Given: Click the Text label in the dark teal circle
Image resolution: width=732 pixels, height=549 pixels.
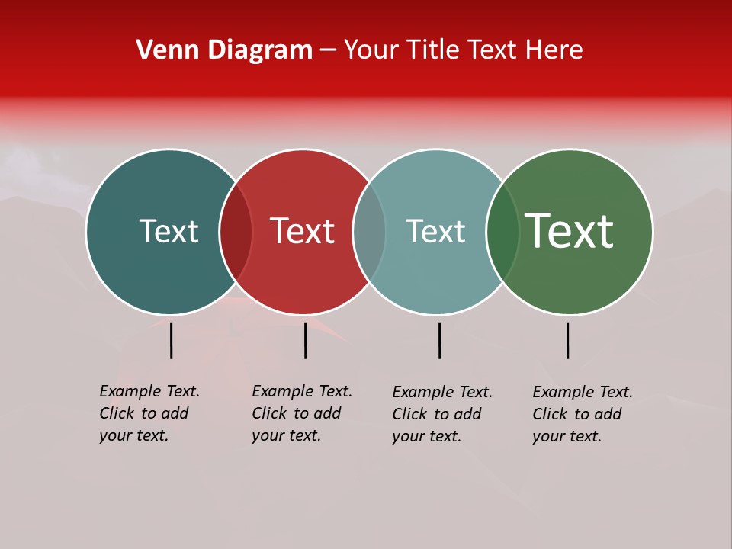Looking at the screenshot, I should [x=169, y=231].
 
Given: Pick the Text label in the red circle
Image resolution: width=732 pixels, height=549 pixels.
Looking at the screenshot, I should [x=303, y=231].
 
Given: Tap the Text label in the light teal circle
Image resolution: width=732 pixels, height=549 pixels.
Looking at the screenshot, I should [x=435, y=231].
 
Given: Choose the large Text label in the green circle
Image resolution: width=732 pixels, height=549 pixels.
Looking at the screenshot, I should [x=570, y=231].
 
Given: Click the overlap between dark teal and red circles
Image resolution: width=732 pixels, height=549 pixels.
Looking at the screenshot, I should [x=236, y=232].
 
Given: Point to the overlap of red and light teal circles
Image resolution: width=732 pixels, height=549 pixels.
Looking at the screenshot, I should [x=369, y=232].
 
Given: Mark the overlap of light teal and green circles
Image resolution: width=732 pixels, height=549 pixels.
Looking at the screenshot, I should [x=502, y=232].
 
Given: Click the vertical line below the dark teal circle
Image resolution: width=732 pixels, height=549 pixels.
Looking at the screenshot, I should [x=171, y=340].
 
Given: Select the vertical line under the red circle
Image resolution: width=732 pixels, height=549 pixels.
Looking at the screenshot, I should [x=305, y=340].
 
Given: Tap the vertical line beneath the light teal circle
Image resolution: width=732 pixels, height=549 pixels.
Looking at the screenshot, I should [x=439, y=340].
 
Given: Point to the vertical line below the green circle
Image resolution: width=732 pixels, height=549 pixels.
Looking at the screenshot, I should [x=567, y=340].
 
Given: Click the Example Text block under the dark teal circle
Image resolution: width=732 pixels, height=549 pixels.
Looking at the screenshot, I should [x=149, y=413].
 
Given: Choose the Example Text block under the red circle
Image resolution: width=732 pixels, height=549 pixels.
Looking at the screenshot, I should [x=301, y=413].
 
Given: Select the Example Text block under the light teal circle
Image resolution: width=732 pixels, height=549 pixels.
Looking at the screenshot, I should [x=441, y=414].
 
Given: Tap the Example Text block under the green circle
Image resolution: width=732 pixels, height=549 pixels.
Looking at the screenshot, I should [x=582, y=414].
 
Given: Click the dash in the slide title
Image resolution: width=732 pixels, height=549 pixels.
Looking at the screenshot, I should [x=328, y=51].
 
